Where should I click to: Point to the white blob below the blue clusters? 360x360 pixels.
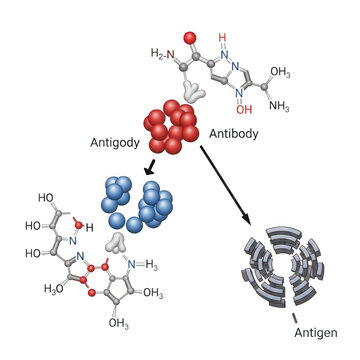tap(118, 242)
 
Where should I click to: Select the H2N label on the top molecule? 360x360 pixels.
tap(162, 53)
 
